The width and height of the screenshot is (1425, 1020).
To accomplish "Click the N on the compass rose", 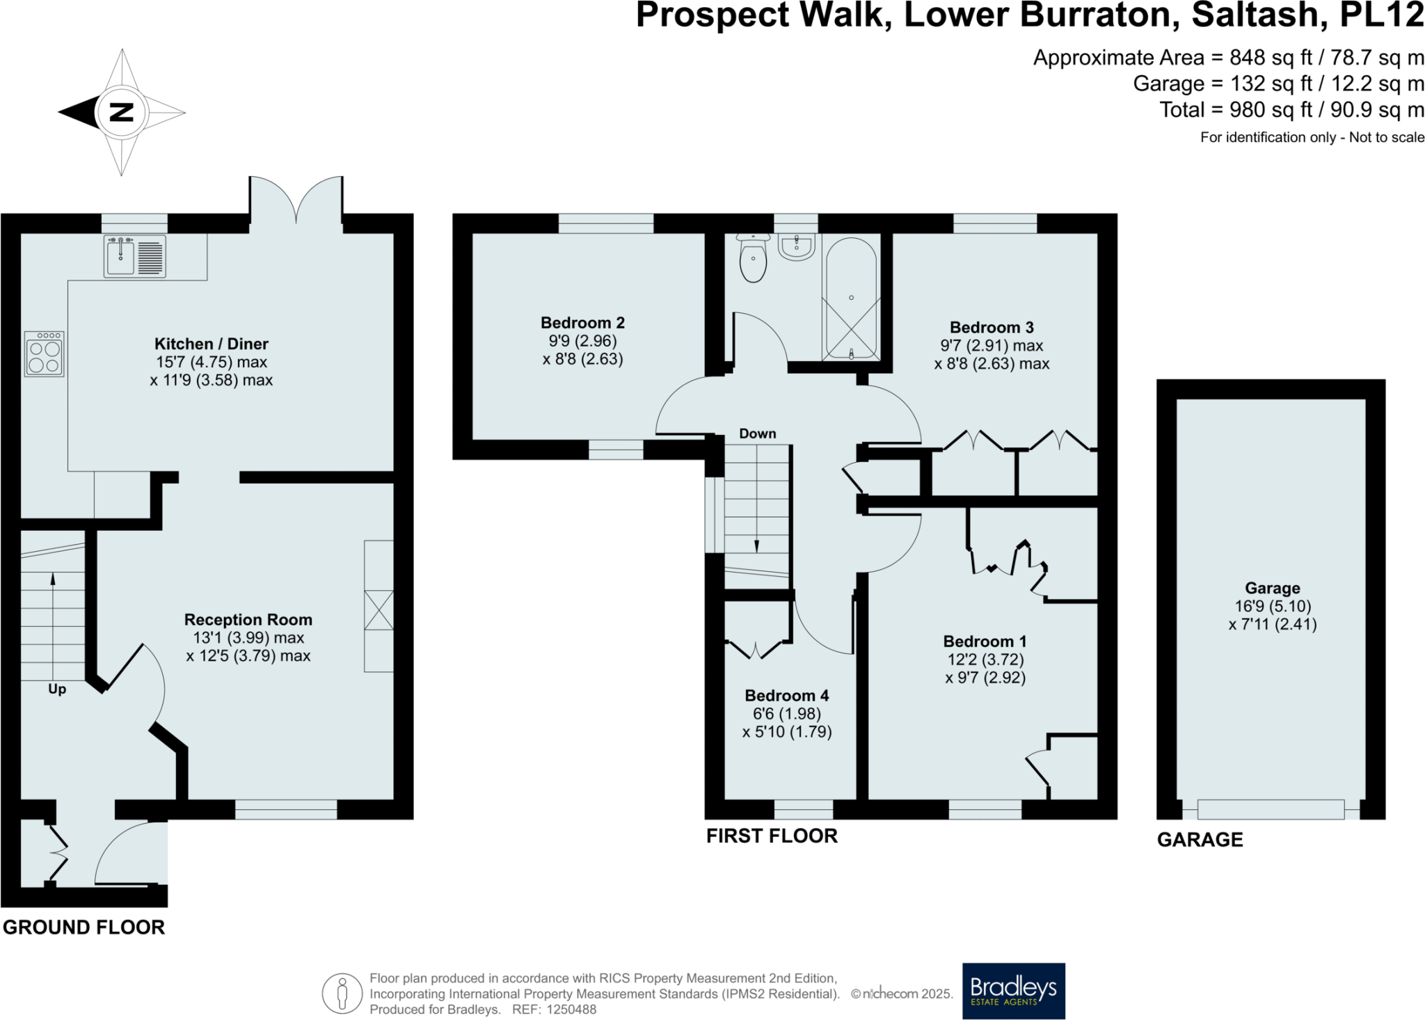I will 122,112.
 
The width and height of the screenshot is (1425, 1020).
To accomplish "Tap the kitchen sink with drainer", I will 135,256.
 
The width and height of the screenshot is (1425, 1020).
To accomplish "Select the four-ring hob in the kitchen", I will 45,354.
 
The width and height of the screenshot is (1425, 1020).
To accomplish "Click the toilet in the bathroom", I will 753,259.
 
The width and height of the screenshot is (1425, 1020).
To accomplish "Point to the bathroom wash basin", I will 796,247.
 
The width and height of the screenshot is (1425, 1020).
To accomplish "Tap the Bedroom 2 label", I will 582,323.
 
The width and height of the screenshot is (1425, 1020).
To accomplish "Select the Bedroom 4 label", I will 786,696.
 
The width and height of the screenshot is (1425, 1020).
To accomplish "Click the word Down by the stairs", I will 757,433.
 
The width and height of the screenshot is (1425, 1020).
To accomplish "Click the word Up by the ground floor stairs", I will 57,689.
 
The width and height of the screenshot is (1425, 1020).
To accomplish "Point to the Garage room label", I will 1272,588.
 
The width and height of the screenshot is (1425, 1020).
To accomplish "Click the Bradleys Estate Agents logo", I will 1013,990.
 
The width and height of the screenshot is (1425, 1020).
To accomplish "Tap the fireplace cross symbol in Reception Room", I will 379,610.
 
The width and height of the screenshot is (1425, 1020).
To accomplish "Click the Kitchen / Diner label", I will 211,344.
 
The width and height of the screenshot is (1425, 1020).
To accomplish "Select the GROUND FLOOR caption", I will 83,927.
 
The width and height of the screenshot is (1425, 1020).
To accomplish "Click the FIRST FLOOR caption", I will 772,836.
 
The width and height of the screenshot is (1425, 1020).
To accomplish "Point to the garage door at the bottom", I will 1271,809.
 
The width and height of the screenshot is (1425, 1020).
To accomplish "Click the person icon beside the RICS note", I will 342,993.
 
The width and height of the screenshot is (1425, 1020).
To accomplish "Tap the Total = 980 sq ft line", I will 1291,110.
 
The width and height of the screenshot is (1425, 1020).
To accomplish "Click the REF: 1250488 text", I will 554,1010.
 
